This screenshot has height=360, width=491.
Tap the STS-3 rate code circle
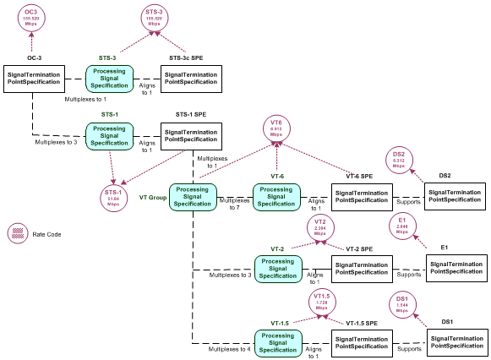pos(154,18)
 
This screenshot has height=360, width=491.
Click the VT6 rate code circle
pos(276,128)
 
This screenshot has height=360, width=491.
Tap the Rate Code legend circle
pos(17,234)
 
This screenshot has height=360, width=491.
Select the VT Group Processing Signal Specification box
pos(193,198)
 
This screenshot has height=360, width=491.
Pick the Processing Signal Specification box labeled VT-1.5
pos(277,343)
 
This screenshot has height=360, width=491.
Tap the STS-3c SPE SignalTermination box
pos(191,79)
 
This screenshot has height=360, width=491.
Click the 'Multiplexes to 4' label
pos(230,348)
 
